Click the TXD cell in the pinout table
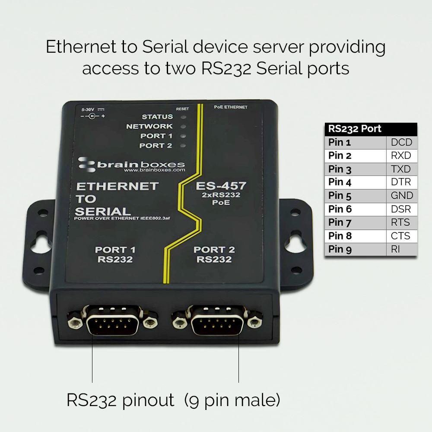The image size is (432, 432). click(x=400, y=169)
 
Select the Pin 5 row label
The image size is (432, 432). click(x=340, y=196)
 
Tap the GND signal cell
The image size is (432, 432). click(x=401, y=196)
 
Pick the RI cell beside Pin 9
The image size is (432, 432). click(x=396, y=249)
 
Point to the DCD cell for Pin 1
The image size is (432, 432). click(x=401, y=142)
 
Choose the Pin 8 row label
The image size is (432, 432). click(x=340, y=236)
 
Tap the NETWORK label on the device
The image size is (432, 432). click(x=149, y=127)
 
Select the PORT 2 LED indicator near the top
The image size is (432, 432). click(x=183, y=146)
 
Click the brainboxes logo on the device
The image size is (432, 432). click(x=131, y=165)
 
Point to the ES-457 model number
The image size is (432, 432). click(x=221, y=186)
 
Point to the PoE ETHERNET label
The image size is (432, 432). click(x=231, y=107)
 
